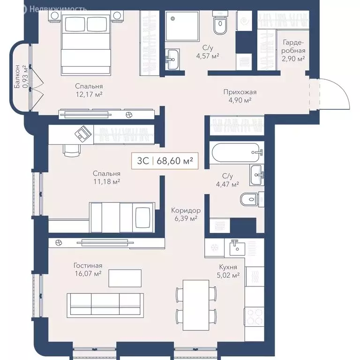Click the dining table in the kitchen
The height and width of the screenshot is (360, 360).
pos(196,302)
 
